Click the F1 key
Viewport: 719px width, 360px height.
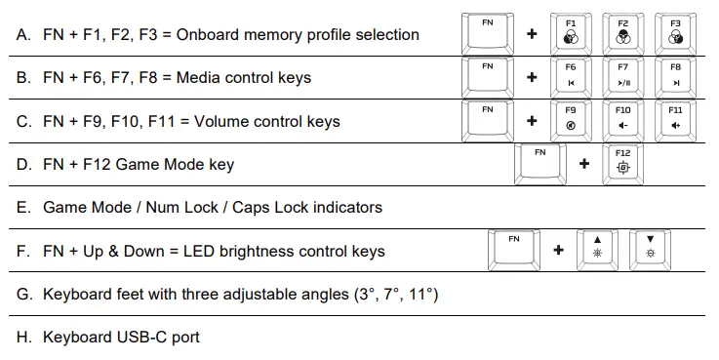(x=571, y=31)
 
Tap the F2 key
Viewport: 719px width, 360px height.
(x=623, y=31)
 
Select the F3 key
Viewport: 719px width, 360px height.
(x=675, y=31)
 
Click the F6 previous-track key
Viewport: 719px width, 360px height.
(x=571, y=76)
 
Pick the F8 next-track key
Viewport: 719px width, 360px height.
(x=675, y=76)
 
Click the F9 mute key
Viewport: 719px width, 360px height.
(x=571, y=119)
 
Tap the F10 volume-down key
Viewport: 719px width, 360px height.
(x=623, y=119)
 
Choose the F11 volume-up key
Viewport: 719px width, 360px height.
(x=675, y=119)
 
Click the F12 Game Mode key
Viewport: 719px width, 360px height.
(x=623, y=162)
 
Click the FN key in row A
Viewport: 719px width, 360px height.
(x=488, y=31)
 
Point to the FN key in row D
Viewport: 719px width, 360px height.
(x=540, y=162)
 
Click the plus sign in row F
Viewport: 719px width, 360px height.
(x=558, y=250)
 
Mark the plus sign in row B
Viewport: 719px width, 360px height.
(x=532, y=78)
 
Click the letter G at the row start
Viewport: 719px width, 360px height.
(x=22, y=294)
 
